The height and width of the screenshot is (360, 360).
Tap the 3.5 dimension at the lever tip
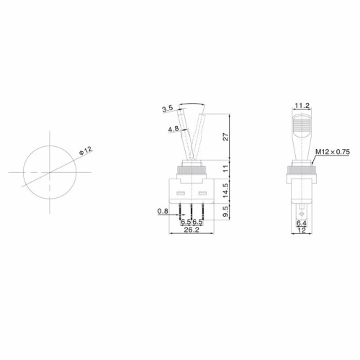(167, 109)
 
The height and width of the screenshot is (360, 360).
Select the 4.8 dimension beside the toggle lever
(173, 129)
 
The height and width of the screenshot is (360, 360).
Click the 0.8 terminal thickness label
(163, 211)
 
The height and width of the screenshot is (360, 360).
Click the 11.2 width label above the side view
(302, 106)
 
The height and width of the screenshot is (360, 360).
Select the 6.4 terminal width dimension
(302, 224)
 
